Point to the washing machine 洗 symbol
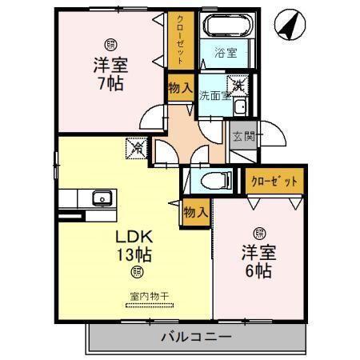[x=238, y=83]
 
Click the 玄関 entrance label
[x=242, y=137]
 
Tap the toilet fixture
[x=214, y=178]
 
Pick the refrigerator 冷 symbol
[x=138, y=148]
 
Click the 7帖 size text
[x=110, y=82]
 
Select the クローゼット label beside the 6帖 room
[x=274, y=181]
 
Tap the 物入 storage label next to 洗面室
[x=178, y=89]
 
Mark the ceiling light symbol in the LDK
[x=136, y=273]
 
